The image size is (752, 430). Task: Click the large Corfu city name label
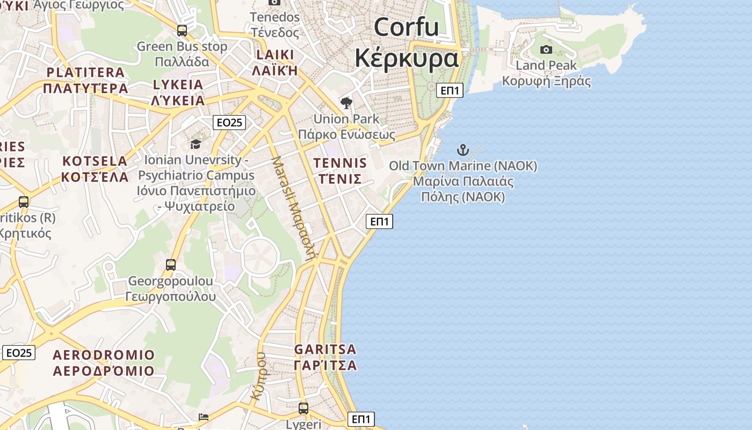pyautogui.click(x=406, y=42)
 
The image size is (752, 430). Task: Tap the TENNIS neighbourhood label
pyautogui.click(x=340, y=170)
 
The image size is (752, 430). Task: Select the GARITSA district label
pyautogui.click(x=326, y=357)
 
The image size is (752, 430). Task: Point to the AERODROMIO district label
pyautogui.click(x=104, y=363)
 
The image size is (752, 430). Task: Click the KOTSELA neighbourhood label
pyautogui.click(x=95, y=169)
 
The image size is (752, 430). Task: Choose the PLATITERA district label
pyautogui.click(x=86, y=80)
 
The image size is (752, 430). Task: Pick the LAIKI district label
pyautogui.click(x=275, y=62)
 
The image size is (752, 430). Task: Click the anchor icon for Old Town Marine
pyautogui.click(x=462, y=150)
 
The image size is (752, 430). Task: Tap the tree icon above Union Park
pyautogui.click(x=346, y=103)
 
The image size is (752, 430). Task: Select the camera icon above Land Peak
pyautogui.click(x=546, y=50)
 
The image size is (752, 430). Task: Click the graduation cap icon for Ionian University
pyautogui.click(x=196, y=144)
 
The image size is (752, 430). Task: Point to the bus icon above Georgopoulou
pyautogui.click(x=171, y=265)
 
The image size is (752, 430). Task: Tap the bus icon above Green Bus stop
pyautogui.click(x=182, y=31)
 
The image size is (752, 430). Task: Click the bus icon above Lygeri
pyautogui.click(x=303, y=408)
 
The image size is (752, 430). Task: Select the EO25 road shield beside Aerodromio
pyautogui.click(x=19, y=353)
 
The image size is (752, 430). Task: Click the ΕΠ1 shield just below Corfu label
pyautogui.click(x=450, y=90)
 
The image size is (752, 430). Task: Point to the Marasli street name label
pyautogui.click(x=293, y=208)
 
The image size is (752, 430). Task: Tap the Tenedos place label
pyautogui.click(x=274, y=25)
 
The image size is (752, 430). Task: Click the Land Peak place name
pyautogui.click(x=546, y=73)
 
